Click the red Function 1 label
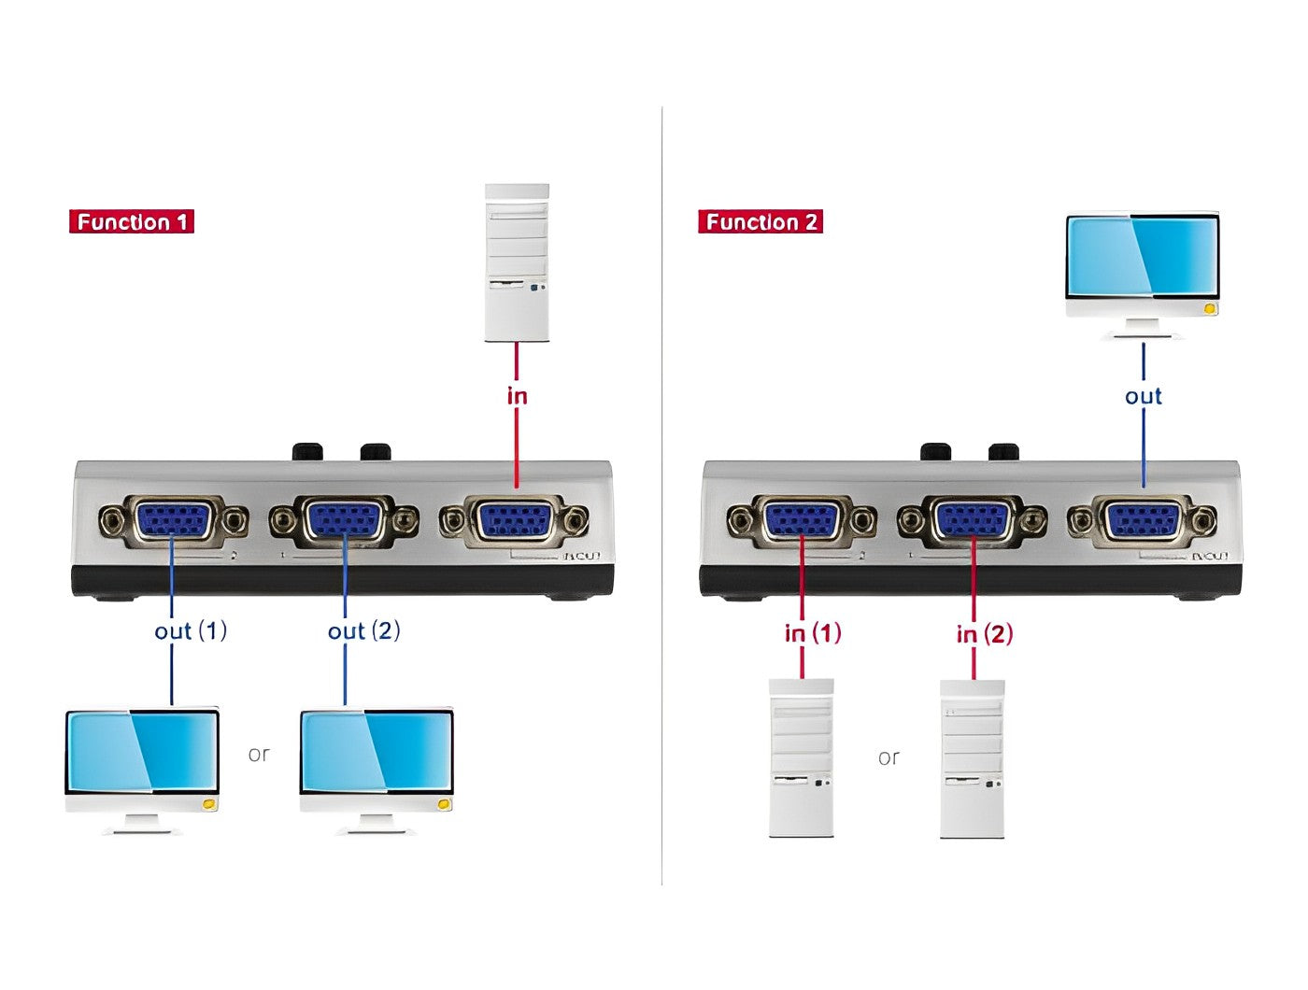pyautogui.click(x=132, y=222)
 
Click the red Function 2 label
pyautogui.click(x=761, y=222)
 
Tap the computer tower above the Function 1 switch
pyautogui.click(x=517, y=262)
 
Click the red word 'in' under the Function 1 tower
pyautogui.click(x=517, y=396)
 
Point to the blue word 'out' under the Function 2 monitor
pyautogui.click(x=1143, y=396)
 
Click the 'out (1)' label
pyautogui.click(x=191, y=631)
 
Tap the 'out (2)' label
pyautogui.click(x=363, y=631)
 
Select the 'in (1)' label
pyautogui.click(x=813, y=633)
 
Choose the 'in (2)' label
pyautogui.click(x=985, y=634)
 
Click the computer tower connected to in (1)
pyautogui.click(x=801, y=757)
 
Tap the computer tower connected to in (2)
pyautogui.click(x=973, y=757)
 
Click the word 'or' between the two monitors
pyautogui.click(x=259, y=754)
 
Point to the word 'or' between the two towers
pyautogui.click(x=889, y=757)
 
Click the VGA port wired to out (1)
pyautogui.click(x=174, y=520)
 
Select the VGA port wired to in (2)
pyautogui.click(x=973, y=520)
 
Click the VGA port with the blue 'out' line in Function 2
pyautogui.click(x=1143, y=520)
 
